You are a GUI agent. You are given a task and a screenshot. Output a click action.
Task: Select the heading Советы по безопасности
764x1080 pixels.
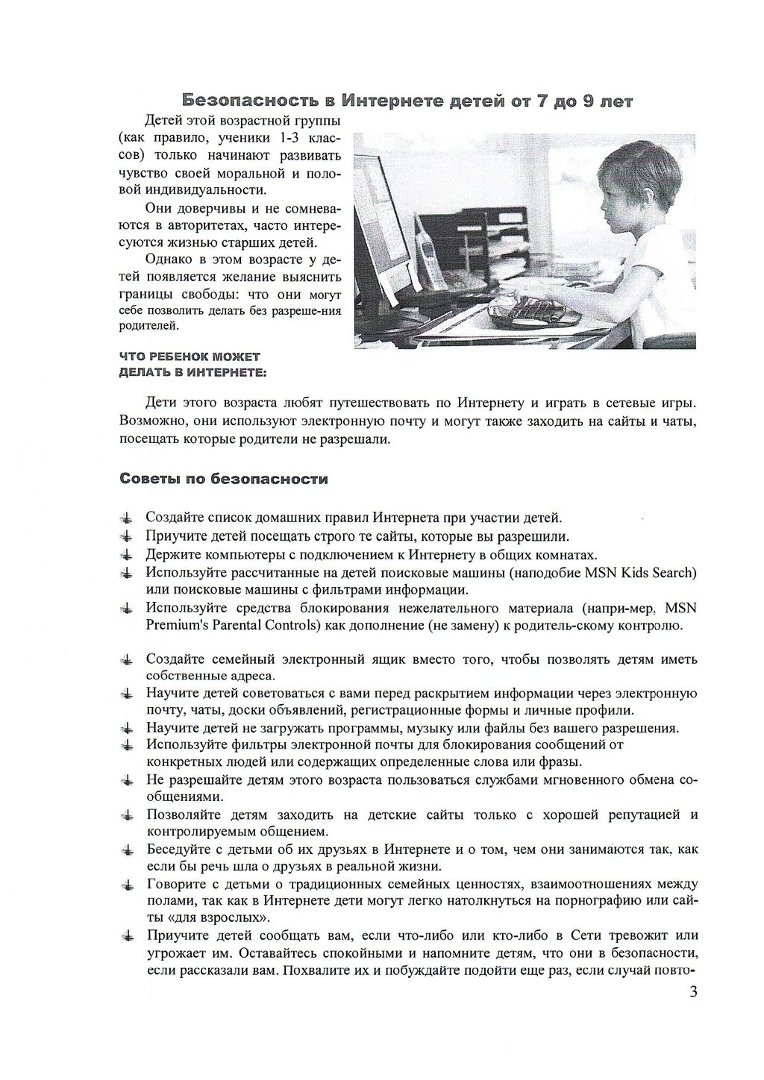click(224, 479)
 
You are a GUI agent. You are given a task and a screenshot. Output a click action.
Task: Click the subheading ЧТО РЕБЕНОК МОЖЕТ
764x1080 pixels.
click(190, 357)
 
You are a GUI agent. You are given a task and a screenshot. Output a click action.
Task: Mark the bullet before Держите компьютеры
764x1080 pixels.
click(128, 555)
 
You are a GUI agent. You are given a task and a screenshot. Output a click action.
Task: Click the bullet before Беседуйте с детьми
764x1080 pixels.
click(128, 850)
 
